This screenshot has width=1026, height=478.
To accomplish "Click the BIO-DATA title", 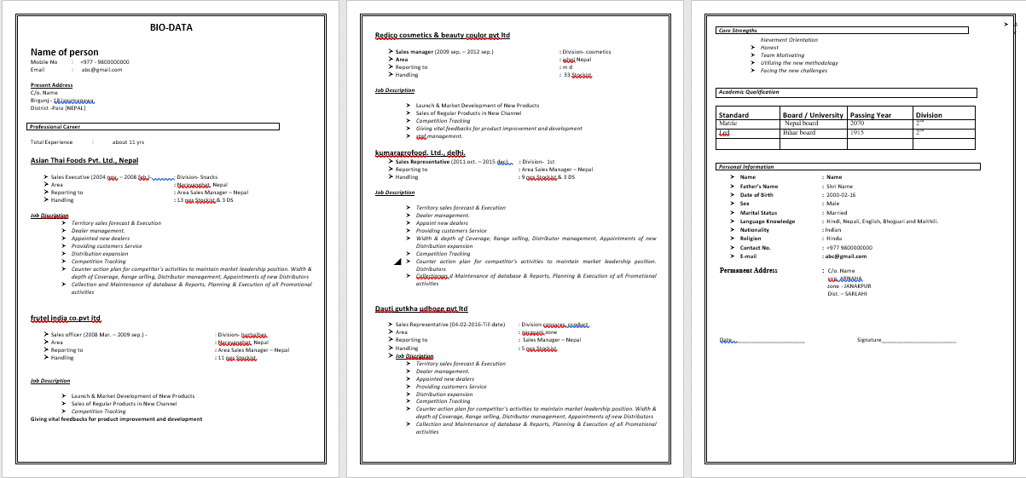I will click(x=171, y=27).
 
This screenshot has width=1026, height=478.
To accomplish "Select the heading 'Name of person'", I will click(x=64, y=53).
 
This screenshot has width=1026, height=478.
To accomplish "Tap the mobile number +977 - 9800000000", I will click(x=105, y=62).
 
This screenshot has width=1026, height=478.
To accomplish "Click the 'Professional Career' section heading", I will click(x=56, y=127).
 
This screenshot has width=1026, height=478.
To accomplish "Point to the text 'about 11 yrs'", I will click(x=129, y=142).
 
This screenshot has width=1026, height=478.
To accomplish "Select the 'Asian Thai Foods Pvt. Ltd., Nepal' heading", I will click(x=84, y=160).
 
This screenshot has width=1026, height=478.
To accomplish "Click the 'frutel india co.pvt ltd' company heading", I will click(x=66, y=318).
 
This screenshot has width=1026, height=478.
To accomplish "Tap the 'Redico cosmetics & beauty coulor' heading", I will click(x=442, y=35).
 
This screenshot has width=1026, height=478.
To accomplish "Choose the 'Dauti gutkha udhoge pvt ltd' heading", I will click(x=421, y=308).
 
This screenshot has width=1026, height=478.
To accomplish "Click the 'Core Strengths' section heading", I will click(x=738, y=31).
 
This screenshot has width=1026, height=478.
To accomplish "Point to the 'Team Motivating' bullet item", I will click(x=782, y=55).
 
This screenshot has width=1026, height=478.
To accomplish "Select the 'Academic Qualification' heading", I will click(x=749, y=92).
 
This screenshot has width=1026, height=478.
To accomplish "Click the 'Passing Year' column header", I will click(x=871, y=115).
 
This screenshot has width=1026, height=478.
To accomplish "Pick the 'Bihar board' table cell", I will click(x=800, y=132).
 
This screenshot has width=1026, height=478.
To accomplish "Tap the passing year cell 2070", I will click(x=857, y=124).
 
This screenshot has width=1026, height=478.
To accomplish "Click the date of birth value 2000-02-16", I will click(x=840, y=195).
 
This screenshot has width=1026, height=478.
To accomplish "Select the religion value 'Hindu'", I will click(x=832, y=239).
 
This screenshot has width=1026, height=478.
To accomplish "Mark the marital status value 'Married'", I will click(x=836, y=213).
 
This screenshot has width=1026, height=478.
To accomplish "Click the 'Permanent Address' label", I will click(x=748, y=270).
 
